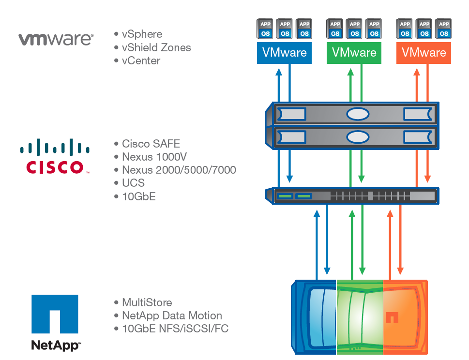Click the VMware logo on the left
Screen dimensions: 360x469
(56, 39)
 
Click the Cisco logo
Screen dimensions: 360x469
(55, 156)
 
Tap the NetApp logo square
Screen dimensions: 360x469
(55, 314)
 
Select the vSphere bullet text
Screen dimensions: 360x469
(142, 34)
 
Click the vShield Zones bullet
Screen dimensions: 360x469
(156, 47)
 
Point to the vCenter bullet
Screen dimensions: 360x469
(141, 60)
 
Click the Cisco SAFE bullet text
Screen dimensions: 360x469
(151, 144)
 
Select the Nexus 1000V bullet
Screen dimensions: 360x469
(154, 157)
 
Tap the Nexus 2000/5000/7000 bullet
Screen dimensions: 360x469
(179, 170)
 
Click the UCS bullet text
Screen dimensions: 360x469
(133, 183)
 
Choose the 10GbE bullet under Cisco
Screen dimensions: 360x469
(138, 196)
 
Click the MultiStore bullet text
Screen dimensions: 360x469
(147, 302)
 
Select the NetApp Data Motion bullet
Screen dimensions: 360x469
(171, 315)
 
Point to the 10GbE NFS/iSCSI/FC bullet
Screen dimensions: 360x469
(175, 329)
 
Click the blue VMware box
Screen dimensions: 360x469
(284, 53)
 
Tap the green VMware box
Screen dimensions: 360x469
(354, 53)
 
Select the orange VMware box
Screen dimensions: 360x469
(424, 53)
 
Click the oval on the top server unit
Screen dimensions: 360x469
(358, 114)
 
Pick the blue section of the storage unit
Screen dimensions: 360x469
(315, 317)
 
